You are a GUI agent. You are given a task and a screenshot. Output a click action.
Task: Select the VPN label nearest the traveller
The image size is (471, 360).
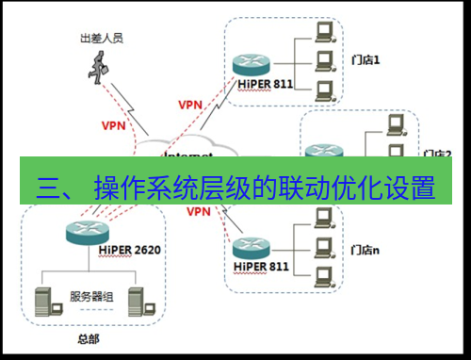pyautogui.click(x=112, y=124)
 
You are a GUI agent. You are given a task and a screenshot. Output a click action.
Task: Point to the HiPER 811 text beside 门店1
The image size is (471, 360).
pyautogui.click(x=251, y=85)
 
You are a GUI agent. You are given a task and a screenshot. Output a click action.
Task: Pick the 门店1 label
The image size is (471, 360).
pyautogui.click(x=365, y=60)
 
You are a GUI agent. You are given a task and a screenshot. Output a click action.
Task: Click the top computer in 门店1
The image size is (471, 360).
pyautogui.click(x=325, y=32)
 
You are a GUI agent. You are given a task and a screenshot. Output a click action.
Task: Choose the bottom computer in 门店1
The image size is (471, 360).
pyautogui.click(x=325, y=90)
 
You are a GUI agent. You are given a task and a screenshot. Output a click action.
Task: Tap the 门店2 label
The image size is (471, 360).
pyautogui.click(x=437, y=153)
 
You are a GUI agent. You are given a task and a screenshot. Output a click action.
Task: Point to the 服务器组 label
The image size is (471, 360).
pyautogui.click(x=91, y=297)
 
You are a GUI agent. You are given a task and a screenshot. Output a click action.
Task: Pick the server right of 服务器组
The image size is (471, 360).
pyautogui.click(x=138, y=301)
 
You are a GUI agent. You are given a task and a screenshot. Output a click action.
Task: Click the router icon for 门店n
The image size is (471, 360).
pyautogui.click(x=251, y=248)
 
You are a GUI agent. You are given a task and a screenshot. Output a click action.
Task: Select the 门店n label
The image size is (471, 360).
pyautogui.click(x=365, y=250)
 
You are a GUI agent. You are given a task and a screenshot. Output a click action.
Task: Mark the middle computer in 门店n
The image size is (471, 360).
pyautogui.click(x=325, y=247)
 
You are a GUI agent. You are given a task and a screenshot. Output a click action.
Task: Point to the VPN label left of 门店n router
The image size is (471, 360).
pyautogui.click(x=198, y=212)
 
